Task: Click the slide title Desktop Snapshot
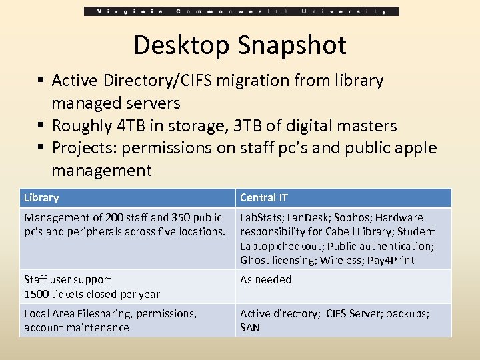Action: pyautogui.click(x=240, y=45)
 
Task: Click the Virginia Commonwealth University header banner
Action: pyautogui.click(x=242, y=11)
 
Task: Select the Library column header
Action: pyautogui.click(x=41, y=197)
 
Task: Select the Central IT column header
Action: pyautogui.click(x=264, y=197)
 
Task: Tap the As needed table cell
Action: pyautogui.click(x=265, y=279)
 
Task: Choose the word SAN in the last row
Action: pyautogui.click(x=250, y=327)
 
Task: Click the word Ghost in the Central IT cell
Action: pyautogui.click(x=254, y=260)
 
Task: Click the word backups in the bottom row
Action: pyautogui.click(x=407, y=313)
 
